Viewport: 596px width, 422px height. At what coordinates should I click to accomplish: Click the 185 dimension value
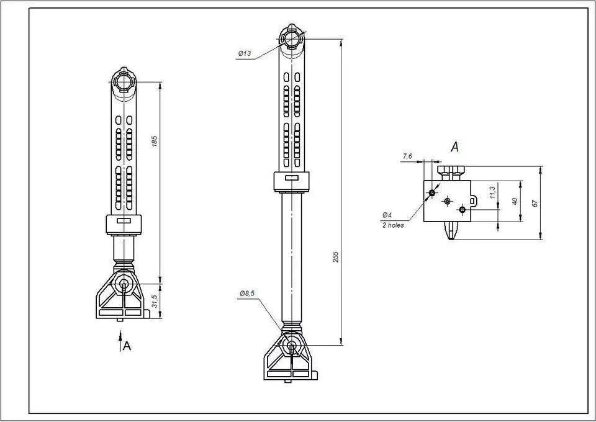pyautogui.click(x=155, y=141)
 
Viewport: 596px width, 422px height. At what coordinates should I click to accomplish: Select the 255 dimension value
pyautogui.click(x=335, y=257)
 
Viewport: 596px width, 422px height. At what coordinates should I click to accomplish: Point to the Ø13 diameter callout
pyautogui.click(x=245, y=53)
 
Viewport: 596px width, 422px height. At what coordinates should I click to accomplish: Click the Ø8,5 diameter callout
pyautogui.click(x=247, y=294)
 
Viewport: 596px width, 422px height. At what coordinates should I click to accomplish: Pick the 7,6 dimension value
pyautogui.click(x=407, y=156)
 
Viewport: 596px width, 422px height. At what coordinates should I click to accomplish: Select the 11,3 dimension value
pyautogui.click(x=492, y=192)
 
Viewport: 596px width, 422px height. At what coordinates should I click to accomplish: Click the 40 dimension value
pyautogui.click(x=515, y=201)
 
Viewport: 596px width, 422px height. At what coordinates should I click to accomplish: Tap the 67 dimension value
pyautogui.click(x=535, y=203)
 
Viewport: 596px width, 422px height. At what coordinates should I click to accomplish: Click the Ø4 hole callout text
pyautogui.click(x=387, y=215)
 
